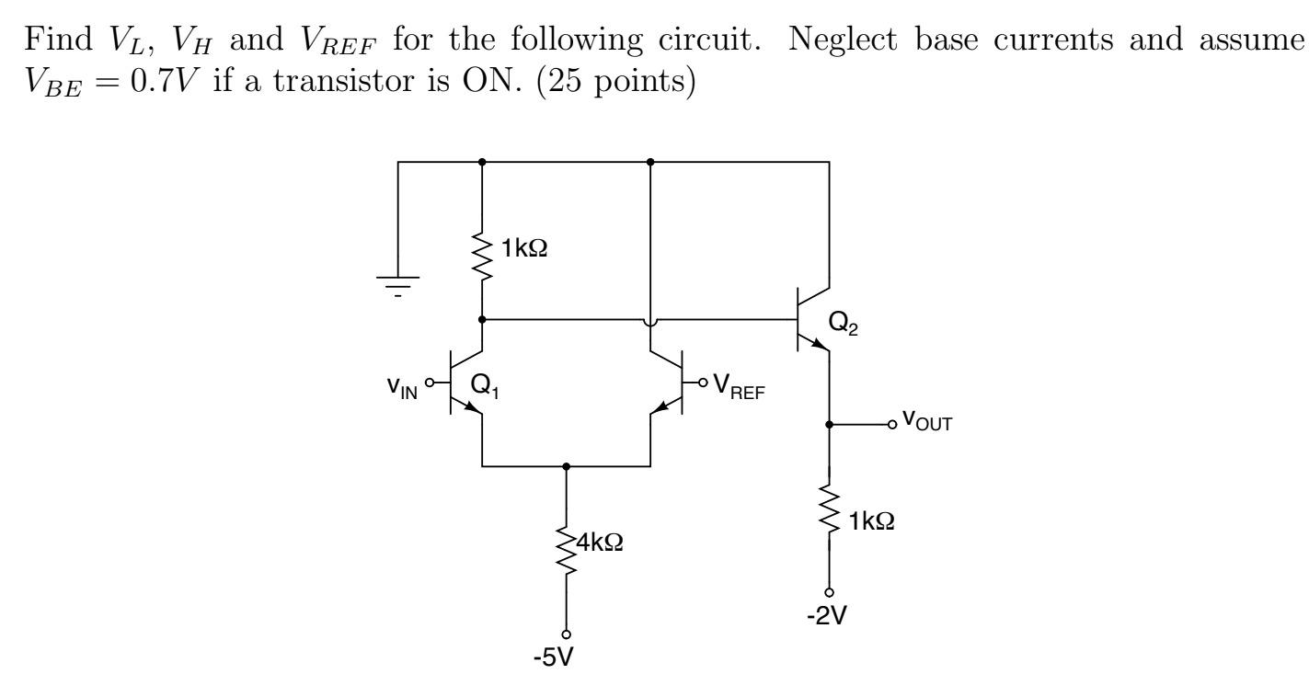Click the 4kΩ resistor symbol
pos(566,551)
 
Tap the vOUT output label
pos(926,422)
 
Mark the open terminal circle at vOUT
pos(891,425)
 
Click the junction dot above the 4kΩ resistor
pos(566,466)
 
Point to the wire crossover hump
pos(650,321)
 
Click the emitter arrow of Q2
pos(818,344)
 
